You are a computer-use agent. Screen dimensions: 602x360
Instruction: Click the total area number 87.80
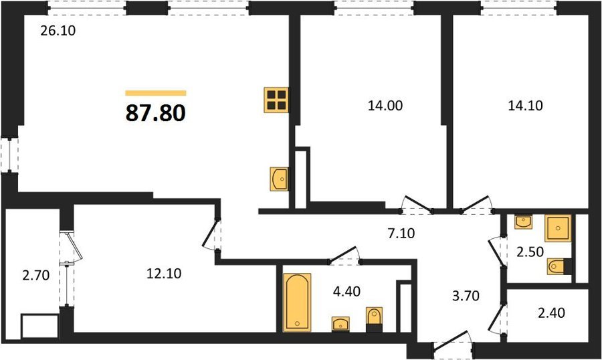[155, 113]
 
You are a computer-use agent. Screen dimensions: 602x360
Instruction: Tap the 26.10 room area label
[58, 30]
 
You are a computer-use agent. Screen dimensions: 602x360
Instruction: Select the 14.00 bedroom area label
[385, 105]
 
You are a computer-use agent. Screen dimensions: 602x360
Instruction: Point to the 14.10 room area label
[525, 105]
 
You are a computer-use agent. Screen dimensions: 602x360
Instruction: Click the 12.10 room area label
[164, 274]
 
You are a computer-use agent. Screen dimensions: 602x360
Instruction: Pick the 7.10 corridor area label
[401, 234]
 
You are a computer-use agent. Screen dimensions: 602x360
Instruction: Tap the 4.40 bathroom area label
[346, 291]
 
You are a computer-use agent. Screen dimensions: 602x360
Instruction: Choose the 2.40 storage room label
[551, 312]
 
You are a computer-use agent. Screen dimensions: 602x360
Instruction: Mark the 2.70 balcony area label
[35, 275]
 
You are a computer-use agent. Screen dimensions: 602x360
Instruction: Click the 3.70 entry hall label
[466, 296]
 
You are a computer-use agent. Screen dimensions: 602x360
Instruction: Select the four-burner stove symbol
[276, 100]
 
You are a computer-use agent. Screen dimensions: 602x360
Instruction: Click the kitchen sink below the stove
[280, 179]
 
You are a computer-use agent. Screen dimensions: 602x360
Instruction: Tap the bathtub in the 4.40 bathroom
[297, 302]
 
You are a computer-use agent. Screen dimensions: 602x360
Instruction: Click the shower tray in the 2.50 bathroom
[558, 228]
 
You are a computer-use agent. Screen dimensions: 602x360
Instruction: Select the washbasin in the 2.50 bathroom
[524, 221]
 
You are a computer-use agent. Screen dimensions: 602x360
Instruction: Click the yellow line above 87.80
[156, 93]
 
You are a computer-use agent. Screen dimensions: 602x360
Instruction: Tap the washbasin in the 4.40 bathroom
[340, 323]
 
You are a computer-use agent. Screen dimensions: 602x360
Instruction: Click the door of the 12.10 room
[210, 234]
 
